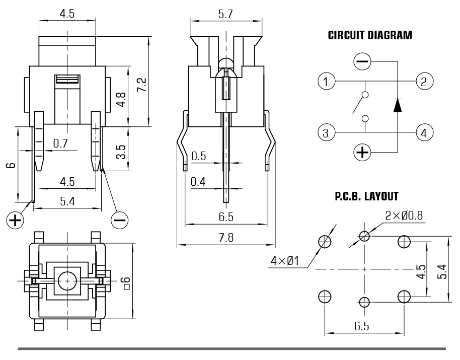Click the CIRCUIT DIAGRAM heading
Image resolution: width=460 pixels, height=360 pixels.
coord(370,36)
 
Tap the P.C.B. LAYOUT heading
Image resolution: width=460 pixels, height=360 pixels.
coord(366,196)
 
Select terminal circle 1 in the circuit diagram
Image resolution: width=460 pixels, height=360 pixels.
coord(327,81)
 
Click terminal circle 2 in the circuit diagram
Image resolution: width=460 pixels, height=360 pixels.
coord(424,81)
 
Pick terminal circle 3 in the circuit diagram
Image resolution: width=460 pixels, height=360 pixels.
coord(327,133)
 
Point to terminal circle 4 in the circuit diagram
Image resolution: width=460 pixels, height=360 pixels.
coord(424,133)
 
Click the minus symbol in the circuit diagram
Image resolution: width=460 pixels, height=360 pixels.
coord(363,62)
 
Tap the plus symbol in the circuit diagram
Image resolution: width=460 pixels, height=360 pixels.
coord(363,152)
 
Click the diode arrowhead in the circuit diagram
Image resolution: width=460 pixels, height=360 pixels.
coord(398,105)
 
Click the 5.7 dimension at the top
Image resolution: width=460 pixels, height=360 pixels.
coord(225,14)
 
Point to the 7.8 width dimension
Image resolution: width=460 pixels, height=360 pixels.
coord(226,238)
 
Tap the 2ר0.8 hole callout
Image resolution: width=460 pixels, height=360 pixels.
coord(404,215)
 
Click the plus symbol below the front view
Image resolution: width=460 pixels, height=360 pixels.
coord(15,220)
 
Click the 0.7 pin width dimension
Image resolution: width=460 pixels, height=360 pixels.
coord(60,144)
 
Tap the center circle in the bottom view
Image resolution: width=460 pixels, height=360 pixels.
coord(66,280)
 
